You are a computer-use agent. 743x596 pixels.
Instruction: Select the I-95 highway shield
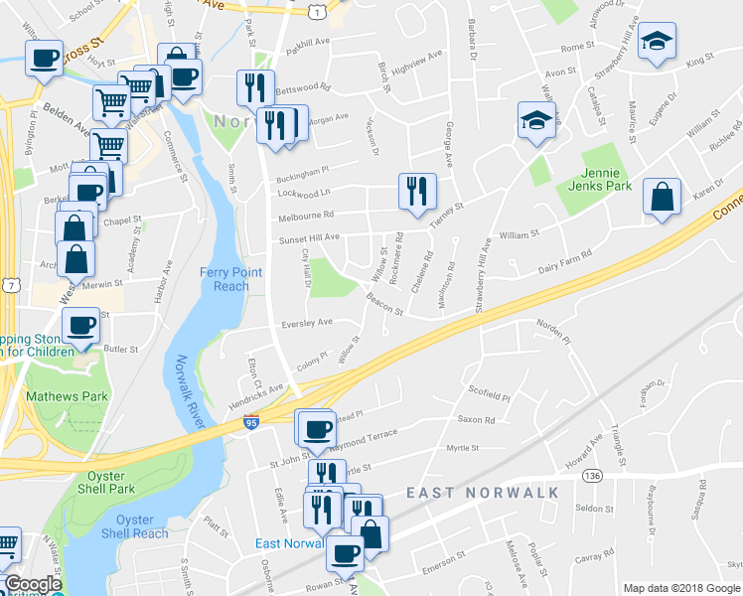(252, 423)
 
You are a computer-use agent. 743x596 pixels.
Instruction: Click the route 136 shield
(593, 477)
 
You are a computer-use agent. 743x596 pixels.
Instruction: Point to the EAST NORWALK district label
(483, 493)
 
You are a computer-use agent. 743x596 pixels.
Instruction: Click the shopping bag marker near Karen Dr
(662, 197)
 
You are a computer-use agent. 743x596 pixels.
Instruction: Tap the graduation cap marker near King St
(656, 42)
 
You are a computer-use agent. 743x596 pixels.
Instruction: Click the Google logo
(33, 585)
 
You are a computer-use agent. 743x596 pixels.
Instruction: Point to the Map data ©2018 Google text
(681, 588)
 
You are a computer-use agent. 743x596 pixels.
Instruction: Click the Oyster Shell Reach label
(142, 526)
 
